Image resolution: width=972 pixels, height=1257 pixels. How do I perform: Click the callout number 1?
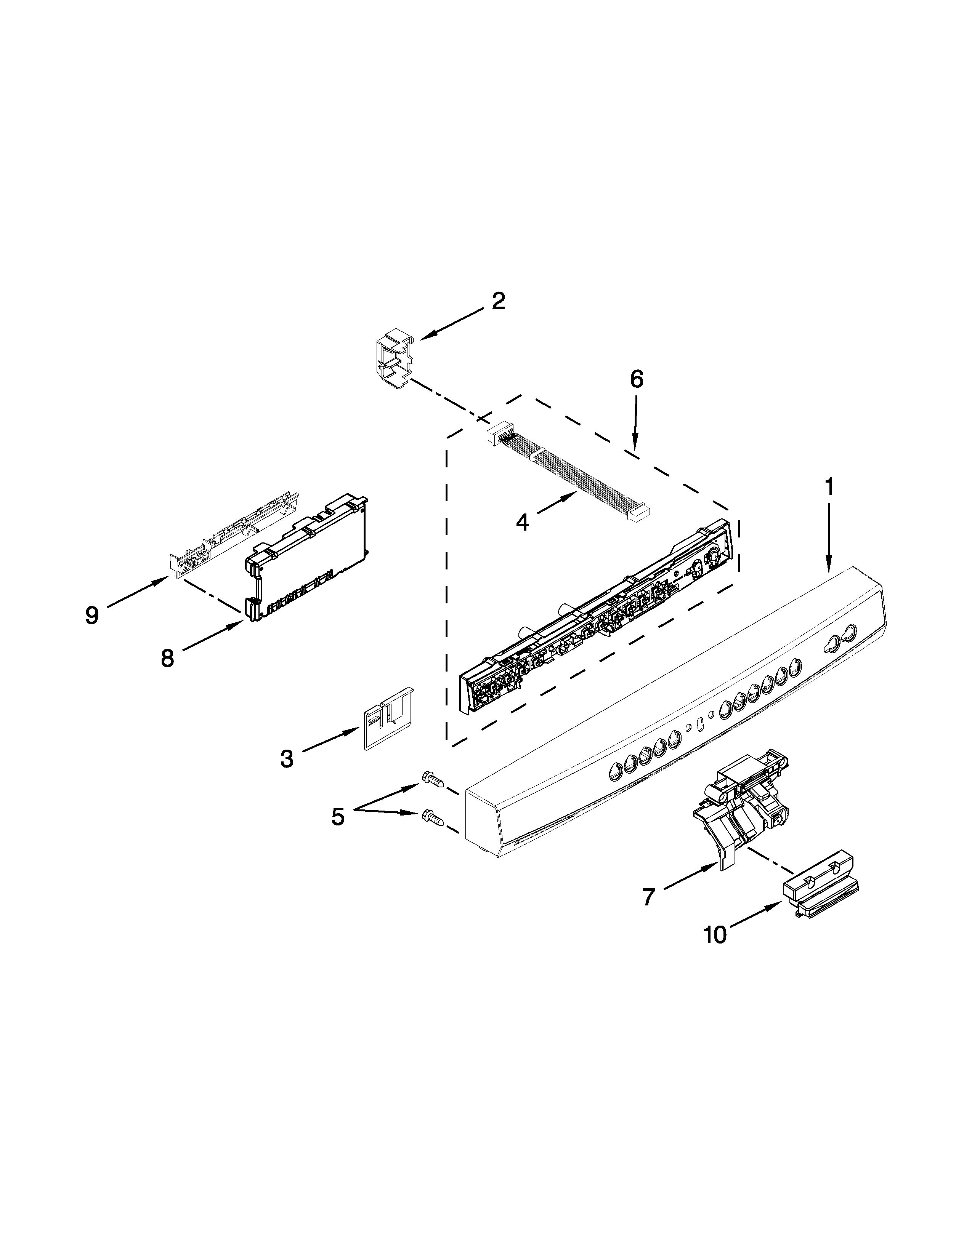pos(829,487)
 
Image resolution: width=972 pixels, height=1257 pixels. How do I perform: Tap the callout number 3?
pos(287,758)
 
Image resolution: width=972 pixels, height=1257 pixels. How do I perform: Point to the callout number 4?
pos(522,523)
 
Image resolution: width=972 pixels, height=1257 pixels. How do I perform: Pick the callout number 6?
pos(636,379)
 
